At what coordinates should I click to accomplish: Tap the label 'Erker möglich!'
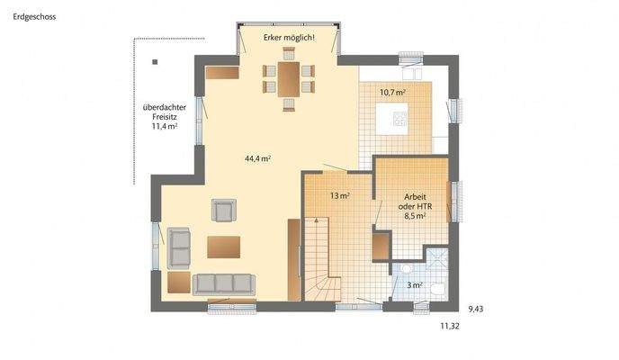(289, 38)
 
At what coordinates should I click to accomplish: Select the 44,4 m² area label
(257, 157)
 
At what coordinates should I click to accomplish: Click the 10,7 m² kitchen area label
(391, 93)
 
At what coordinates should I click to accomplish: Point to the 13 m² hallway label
(339, 195)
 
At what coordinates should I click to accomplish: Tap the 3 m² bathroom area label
(414, 285)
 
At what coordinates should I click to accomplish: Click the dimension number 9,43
(475, 309)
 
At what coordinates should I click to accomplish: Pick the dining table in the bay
(289, 78)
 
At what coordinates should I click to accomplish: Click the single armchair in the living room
(223, 211)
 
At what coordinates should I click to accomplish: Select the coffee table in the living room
(223, 246)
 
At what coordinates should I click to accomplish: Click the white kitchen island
(392, 119)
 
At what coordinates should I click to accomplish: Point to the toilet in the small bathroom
(438, 290)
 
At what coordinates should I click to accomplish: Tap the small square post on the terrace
(155, 62)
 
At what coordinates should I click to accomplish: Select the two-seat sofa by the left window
(179, 247)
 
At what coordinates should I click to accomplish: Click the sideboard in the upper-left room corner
(221, 72)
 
